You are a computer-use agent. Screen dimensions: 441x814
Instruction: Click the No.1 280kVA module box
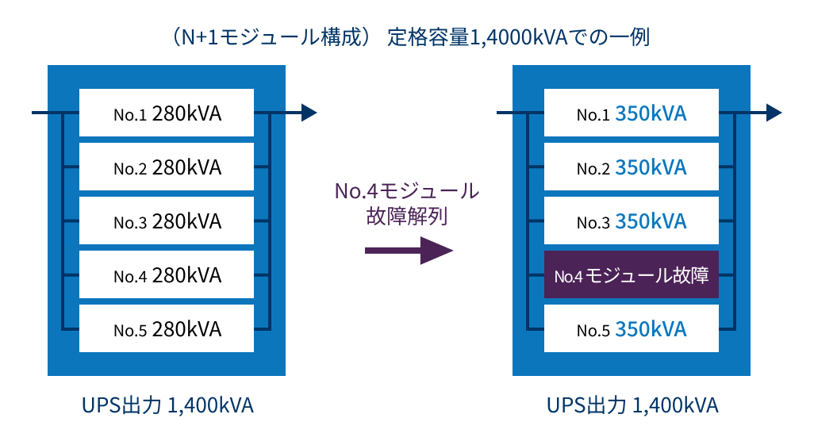pos(167,113)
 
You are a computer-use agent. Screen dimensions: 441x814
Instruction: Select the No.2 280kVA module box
pos(167,167)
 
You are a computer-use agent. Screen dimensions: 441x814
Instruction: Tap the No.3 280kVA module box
pos(167,221)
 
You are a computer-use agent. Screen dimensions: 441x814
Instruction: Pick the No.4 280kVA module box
pos(167,275)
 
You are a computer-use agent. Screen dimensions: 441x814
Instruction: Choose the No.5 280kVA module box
pos(167,328)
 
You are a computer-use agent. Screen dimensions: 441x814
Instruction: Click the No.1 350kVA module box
pos(632,113)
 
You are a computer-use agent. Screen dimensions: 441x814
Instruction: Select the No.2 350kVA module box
pos(632,167)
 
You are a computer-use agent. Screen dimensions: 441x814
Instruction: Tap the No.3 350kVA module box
pos(632,221)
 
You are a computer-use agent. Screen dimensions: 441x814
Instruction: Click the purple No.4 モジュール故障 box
pos(632,275)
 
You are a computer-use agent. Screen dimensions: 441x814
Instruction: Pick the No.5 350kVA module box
pos(632,328)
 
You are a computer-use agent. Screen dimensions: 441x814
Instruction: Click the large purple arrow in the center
pos(408,251)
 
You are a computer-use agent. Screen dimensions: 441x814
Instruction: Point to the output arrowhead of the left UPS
pos(309,113)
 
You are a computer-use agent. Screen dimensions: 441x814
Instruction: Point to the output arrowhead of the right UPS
pos(774,113)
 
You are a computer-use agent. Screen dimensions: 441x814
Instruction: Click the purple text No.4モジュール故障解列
pos(408,204)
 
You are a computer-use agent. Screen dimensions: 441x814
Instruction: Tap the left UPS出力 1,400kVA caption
pos(167,405)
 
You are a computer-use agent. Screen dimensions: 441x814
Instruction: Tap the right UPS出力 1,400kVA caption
pos(632,405)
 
